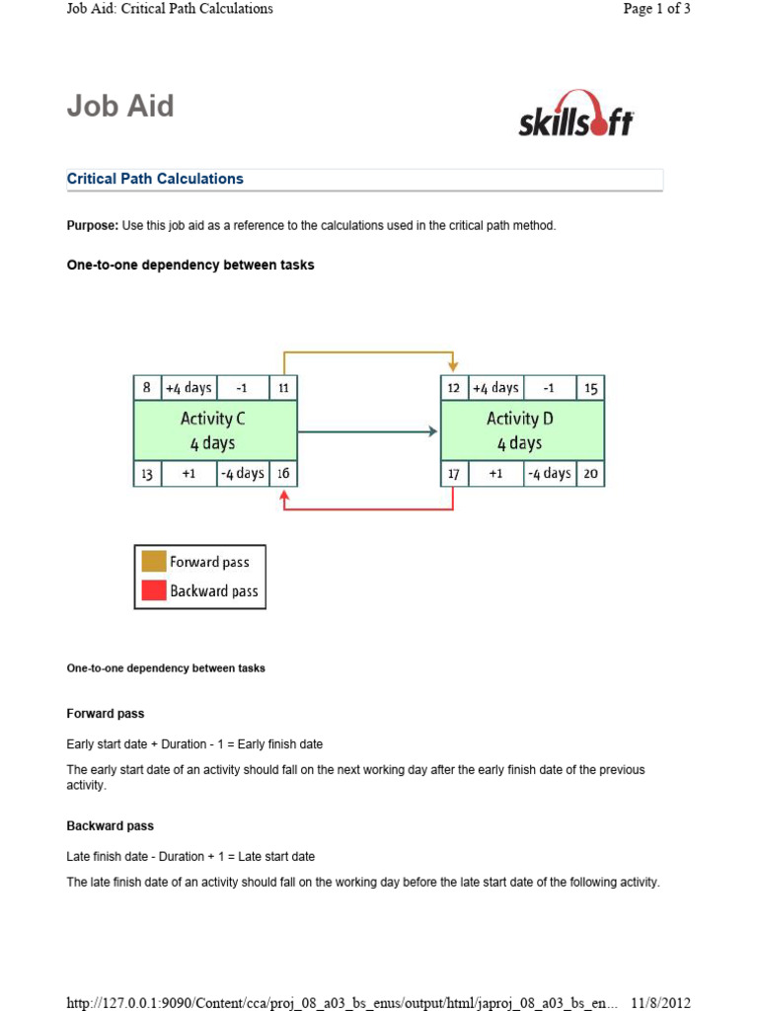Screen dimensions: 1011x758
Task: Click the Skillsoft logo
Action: (575, 115)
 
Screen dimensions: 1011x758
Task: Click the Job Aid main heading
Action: (120, 106)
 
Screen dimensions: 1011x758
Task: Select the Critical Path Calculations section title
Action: (155, 179)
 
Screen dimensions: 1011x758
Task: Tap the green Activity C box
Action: (214, 430)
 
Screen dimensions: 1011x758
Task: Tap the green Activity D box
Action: (521, 430)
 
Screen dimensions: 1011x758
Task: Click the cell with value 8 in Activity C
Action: (146, 388)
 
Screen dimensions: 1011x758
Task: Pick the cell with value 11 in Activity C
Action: (283, 388)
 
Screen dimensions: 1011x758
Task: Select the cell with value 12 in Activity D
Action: (453, 388)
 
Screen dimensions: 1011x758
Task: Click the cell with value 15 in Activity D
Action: (590, 388)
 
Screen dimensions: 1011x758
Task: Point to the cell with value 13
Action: (146, 474)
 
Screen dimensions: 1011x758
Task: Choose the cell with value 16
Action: (283, 474)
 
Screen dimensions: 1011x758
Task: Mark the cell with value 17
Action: (453, 474)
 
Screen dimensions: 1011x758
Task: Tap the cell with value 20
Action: (590, 474)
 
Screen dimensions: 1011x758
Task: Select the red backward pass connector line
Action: (368, 509)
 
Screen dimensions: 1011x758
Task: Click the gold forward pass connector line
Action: (368, 350)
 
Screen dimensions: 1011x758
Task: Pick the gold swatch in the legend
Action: (153, 562)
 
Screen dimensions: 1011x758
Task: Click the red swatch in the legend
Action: (153, 590)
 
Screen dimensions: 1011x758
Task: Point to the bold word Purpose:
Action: (93, 226)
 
